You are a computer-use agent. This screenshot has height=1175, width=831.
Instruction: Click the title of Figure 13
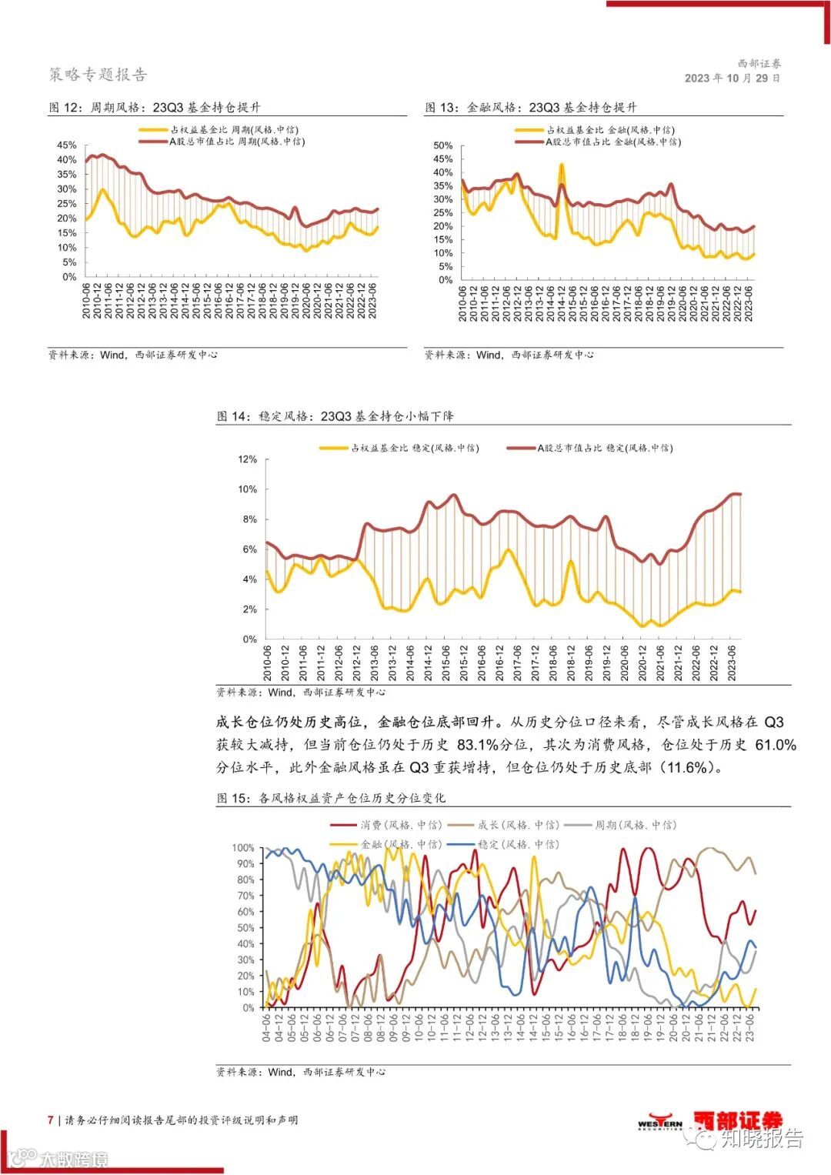531,108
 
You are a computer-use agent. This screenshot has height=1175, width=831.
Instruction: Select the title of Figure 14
335,416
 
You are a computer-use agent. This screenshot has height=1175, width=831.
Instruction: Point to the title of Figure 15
331,798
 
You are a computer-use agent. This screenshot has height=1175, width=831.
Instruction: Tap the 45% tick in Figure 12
68,145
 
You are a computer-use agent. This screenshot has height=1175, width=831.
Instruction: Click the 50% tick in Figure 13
443,145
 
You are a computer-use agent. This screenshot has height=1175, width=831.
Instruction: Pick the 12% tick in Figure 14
248,459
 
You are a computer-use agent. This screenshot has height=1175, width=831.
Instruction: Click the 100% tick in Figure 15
243,848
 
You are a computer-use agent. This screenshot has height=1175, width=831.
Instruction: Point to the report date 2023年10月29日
733,78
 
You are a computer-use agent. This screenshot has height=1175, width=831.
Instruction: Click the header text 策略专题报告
98,75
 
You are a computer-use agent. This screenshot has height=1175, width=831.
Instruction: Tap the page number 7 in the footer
51,1120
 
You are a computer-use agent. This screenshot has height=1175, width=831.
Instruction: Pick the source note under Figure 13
509,355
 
